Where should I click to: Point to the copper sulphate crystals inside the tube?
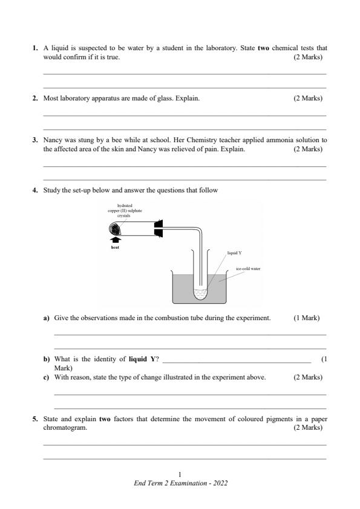pyautogui.click(x=116, y=228)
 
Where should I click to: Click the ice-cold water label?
pyautogui.click(x=248, y=268)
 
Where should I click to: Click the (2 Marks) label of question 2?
pyautogui.click(x=308, y=97)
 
